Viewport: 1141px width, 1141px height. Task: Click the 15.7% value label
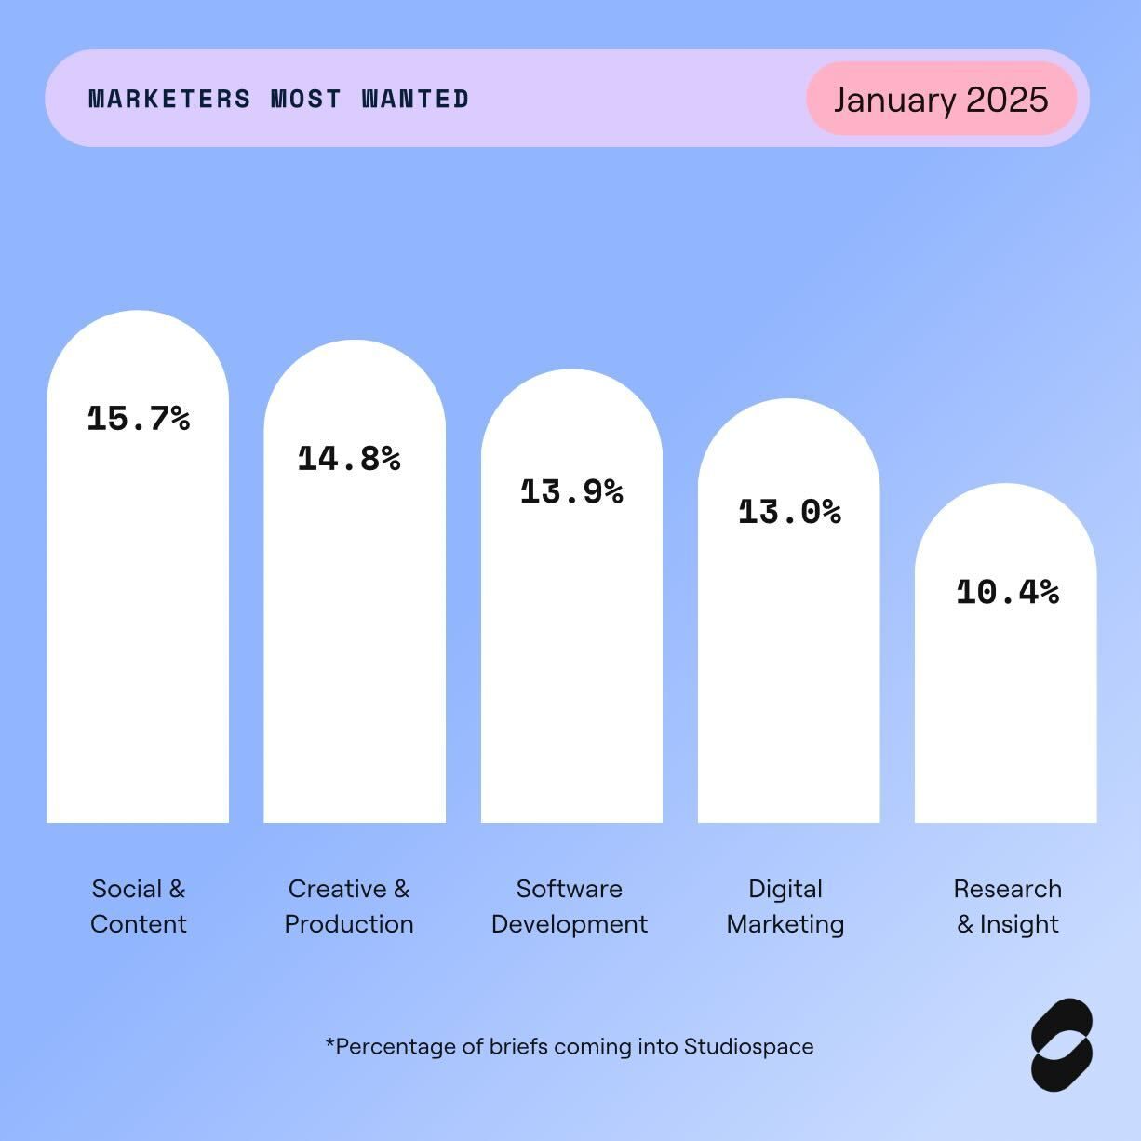click(139, 419)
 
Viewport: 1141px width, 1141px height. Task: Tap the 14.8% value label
click(349, 459)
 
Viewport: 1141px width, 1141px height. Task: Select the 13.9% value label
click(571, 491)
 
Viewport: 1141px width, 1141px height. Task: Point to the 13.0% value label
click(789, 512)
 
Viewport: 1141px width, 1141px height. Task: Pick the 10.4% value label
click(1007, 592)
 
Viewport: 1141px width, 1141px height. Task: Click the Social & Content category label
click(139, 906)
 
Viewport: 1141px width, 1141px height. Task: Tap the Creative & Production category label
click(349, 906)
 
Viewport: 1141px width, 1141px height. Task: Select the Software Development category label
click(570, 906)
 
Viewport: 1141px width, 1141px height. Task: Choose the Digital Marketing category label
click(785, 906)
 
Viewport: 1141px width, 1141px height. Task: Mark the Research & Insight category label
click(1008, 906)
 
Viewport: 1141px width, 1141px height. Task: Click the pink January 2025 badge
click(941, 99)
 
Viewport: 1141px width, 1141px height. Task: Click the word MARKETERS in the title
click(169, 99)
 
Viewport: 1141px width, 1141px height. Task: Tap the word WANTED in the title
click(415, 99)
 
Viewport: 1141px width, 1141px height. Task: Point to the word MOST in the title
click(306, 99)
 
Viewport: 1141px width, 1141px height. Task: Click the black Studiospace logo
click(1062, 1044)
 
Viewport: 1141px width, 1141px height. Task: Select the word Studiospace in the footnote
click(748, 1047)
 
